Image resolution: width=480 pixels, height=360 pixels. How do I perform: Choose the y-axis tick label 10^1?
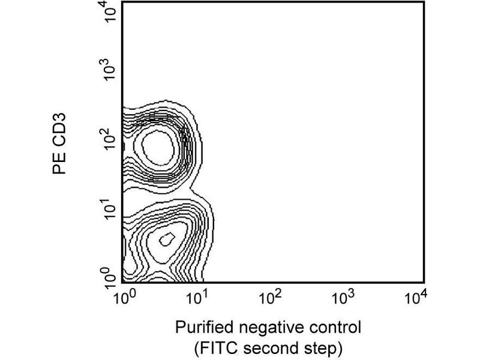click(x=110, y=211)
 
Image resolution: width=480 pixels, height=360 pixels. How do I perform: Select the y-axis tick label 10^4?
click(x=110, y=12)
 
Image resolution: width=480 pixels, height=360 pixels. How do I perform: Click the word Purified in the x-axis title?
click(x=201, y=328)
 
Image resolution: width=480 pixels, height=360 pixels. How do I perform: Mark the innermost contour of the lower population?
click(x=166, y=239)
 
